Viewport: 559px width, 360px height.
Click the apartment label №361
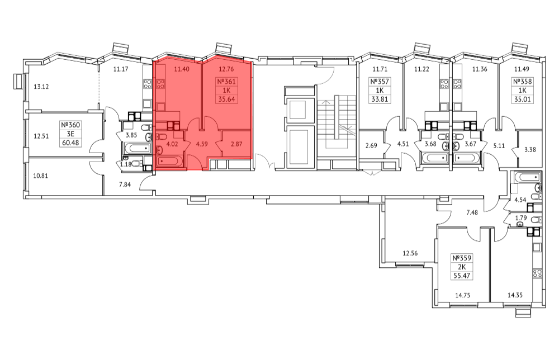[227, 82]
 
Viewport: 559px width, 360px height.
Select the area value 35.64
[227, 99]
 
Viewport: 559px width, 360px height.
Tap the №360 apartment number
[70, 125]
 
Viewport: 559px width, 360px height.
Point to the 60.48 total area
[70, 143]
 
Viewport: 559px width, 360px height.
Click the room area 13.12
[41, 87]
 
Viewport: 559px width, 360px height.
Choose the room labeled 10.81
[41, 176]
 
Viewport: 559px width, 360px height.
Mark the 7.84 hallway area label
[125, 184]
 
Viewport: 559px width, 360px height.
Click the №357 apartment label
[380, 82]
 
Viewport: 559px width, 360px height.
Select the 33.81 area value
[380, 100]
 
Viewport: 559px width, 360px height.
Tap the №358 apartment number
[523, 82]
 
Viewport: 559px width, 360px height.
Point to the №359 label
[462, 258]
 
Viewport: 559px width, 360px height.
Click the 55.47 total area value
[462, 275]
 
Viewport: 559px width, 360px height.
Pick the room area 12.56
[410, 253]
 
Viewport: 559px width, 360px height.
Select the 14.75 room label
[462, 295]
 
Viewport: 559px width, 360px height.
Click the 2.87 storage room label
[236, 144]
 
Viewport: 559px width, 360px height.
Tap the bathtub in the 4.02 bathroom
[170, 162]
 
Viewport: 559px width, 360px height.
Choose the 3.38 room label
[530, 150]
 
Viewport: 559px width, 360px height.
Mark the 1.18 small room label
[126, 164]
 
